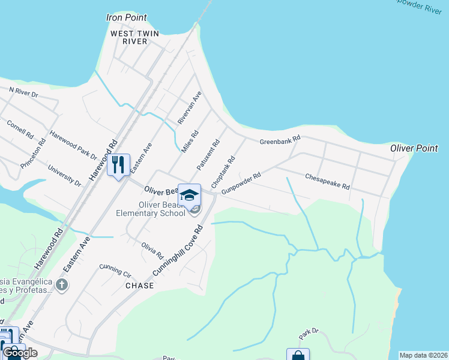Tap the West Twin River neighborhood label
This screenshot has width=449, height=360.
(134, 37)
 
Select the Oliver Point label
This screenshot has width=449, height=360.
(414, 148)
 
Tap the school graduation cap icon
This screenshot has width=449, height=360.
(189, 195)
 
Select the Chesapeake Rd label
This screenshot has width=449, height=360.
(327, 182)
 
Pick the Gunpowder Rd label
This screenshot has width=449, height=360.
(241, 184)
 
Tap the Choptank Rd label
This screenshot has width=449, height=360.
(222, 171)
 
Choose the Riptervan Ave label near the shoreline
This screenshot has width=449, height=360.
(189, 108)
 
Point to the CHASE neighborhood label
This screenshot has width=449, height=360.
(140, 286)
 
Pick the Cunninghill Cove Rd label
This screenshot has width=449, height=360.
(178, 250)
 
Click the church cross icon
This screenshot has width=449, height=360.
(61, 284)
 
